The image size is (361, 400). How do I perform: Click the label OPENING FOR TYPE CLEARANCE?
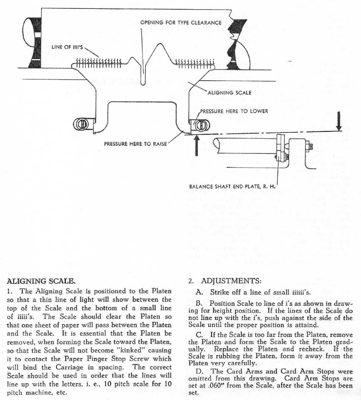(x=181, y=22)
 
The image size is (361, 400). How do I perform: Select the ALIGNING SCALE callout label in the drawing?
(x=229, y=93)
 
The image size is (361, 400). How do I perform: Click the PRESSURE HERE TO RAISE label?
(x=135, y=144)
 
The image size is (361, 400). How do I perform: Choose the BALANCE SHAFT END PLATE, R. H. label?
(x=233, y=187)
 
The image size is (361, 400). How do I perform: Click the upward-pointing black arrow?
(x=196, y=145)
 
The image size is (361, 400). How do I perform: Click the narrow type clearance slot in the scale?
(x=144, y=72)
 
